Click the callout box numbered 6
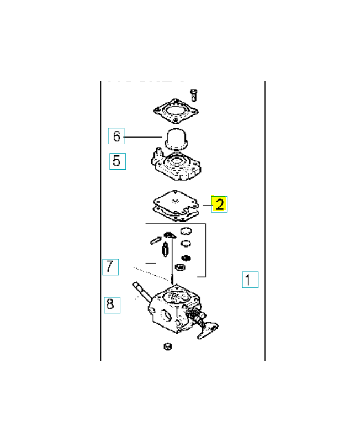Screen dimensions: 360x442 coord(116,136)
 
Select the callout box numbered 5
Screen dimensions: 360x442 coord(118,161)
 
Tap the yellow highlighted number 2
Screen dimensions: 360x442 coord(219,204)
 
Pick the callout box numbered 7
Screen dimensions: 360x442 coord(110,267)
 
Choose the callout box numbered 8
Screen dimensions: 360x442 coord(112,305)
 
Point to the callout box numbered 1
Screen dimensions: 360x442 coord(250,280)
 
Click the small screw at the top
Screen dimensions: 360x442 coord(194,95)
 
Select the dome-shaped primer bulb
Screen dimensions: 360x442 coord(176,139)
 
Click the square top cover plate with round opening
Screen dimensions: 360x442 coord(176,111)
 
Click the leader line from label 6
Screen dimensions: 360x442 coord(143,137)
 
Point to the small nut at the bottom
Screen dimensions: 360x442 coord(168,346)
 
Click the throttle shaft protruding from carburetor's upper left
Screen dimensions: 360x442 coord(142,292)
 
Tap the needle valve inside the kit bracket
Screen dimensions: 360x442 coord(165,250)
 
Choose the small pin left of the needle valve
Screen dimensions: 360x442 coord(156,240)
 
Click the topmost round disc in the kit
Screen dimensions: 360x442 coord(186,231)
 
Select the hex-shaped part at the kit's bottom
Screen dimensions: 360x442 coord(179,267)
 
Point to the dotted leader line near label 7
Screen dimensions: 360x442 coord(152,273)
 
